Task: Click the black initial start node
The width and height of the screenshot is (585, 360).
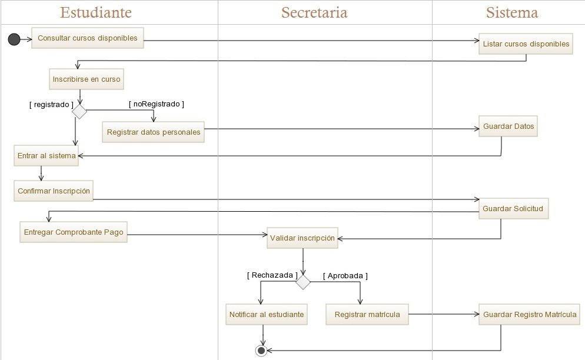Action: coord(14,39)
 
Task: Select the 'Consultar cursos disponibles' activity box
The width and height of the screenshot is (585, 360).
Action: coord(87,39)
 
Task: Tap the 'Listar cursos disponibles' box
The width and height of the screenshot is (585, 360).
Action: coord(526,44)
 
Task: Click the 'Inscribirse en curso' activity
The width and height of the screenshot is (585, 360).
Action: coord(87,79)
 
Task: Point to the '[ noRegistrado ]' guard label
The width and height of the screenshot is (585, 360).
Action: coord(157,104)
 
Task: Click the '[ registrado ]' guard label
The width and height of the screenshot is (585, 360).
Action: coord(51,105)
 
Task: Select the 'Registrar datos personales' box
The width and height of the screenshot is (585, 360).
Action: coord(153,132)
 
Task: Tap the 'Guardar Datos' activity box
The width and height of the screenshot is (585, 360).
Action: coord(508,126)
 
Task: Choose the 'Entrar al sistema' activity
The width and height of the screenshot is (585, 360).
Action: coord(46,156)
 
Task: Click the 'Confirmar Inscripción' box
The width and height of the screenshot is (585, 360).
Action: coord(54,191)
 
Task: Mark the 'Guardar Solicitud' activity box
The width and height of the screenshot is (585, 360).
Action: coord(513,209)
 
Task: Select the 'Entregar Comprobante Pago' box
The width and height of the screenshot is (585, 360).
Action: coord(74,232)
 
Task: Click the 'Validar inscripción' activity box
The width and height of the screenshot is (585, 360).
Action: coord(302,238)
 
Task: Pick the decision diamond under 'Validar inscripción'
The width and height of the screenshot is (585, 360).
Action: coord(303,282)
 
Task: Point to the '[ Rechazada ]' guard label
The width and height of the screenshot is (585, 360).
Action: coord(272,275)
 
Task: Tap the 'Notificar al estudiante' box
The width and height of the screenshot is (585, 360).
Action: coord(267,315)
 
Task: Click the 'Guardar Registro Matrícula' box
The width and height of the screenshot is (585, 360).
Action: coord(530,315)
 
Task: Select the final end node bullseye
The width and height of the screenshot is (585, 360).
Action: coord(261,351)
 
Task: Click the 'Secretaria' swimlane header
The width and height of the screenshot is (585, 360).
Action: coord(314,12)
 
